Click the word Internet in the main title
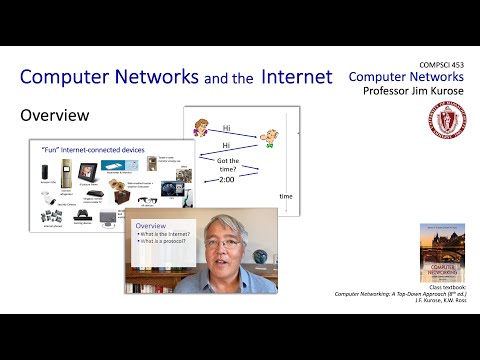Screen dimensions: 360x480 (x=299, y=76)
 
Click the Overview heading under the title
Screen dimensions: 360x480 (x=55, y=116)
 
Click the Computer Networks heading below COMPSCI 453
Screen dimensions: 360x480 (x=408, y=76)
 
